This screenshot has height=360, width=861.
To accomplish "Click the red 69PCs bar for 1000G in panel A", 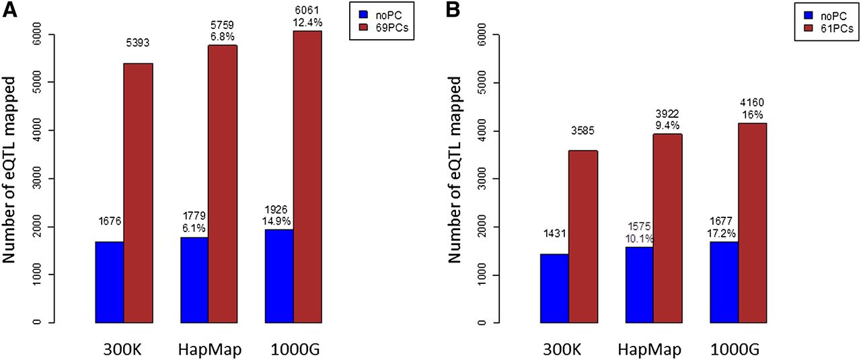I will pyautogui.click(x=307, y=176).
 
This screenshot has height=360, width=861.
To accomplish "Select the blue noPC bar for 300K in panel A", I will pyautogui.click(x=109, y=281).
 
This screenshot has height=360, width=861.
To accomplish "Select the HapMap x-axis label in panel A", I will pyautogui.click(x=209, y=350).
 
